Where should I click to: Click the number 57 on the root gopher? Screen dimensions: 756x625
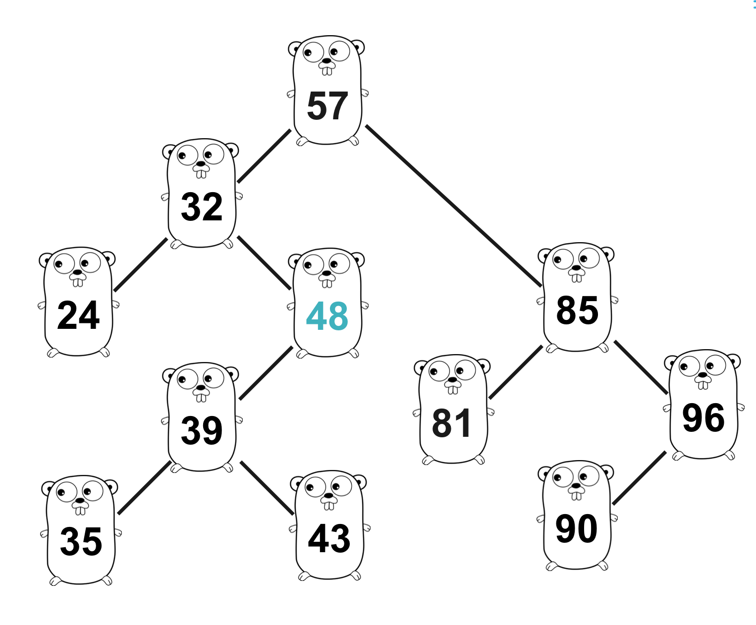[327, 106]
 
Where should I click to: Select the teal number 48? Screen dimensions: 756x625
[327, 316]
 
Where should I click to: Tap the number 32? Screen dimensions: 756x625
[202, 207]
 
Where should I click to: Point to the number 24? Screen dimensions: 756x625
[78, 315]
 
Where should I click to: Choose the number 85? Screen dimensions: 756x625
[577, 311]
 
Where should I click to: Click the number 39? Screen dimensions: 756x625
[202, 430]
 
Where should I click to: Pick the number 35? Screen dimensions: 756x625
[81, 541]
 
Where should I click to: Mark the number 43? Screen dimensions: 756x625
[329, 538]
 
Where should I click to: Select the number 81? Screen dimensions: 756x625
[451, 423]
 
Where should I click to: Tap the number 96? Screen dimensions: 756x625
[703, 418]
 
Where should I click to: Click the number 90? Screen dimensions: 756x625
[576, 529]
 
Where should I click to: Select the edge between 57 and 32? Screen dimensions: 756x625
[264, 156]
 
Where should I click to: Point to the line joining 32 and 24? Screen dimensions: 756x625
[141, 265]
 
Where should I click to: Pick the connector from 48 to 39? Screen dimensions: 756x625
[266, 373]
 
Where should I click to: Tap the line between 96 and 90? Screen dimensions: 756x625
[640, 478]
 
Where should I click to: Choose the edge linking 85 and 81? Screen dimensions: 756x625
[516, 372]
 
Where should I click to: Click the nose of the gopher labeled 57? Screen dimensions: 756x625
[326, 62]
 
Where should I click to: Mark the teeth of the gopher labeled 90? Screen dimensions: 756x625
[576, 496]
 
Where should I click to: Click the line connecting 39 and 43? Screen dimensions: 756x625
[267, 488]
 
